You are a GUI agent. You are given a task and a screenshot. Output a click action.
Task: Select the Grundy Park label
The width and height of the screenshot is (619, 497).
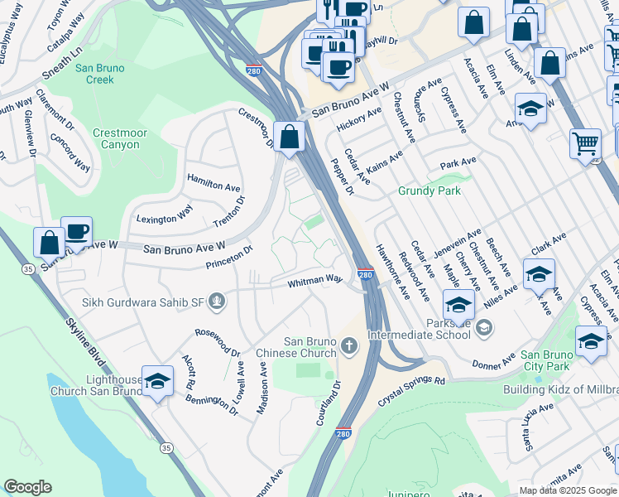click(429, 191)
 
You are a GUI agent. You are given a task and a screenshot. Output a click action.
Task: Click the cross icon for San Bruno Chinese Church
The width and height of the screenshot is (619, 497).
click(350, 345)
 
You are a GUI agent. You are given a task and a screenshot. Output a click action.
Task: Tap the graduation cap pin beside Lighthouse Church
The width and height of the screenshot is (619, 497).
click(157, 380)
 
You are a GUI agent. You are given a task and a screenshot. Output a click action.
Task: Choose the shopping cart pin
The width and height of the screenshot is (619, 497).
click(585, 143)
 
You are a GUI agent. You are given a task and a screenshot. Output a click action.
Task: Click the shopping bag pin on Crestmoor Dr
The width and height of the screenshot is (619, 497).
click(290, 137)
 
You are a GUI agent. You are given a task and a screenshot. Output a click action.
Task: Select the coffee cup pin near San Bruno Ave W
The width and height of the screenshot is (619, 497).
click(77, 231)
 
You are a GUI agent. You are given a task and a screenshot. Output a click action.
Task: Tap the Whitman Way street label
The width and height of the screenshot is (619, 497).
click(314, 282)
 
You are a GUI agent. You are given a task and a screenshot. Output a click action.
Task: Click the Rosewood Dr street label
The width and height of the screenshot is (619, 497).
click(217, 340)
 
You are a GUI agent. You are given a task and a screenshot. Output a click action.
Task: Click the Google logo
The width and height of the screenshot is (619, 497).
click(27, 487)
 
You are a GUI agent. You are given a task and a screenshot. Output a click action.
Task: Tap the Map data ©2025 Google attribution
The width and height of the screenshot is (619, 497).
click(567, 490)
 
